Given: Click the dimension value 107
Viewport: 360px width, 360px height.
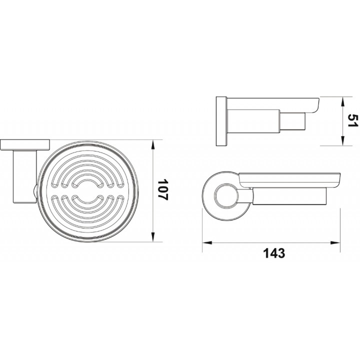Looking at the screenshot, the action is pos(163,189).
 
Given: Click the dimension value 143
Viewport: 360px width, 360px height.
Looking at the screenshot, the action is pos(274,253).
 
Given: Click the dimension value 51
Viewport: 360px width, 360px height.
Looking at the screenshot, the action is pos(352,120).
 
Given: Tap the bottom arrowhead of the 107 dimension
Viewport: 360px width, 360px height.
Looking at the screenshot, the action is pos(153,236).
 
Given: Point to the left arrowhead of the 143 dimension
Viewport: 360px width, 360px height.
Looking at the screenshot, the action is pos(207,242).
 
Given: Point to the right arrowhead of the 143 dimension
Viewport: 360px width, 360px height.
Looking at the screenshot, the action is pos(334,242).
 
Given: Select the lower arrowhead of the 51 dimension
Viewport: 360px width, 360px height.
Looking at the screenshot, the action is pos(342,140).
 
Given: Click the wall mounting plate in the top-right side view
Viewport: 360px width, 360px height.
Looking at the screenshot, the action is pos(221,121).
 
